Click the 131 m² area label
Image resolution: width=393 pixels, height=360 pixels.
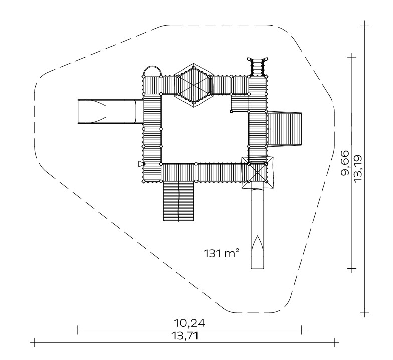(x=221, y=253)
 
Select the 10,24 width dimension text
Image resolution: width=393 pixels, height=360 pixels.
(x=189, y=323)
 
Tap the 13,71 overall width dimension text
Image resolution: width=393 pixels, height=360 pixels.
(x=185, y=336)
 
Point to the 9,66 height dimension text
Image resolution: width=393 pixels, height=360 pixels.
(x=345, y=163)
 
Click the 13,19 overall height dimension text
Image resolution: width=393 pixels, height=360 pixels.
(x=357, y=168)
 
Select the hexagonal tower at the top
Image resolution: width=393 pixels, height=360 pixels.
(x=193, y=85)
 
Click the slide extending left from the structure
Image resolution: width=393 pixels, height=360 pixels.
(x=110, y=111)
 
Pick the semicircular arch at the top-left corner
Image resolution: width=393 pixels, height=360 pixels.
(x=152, y=66)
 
